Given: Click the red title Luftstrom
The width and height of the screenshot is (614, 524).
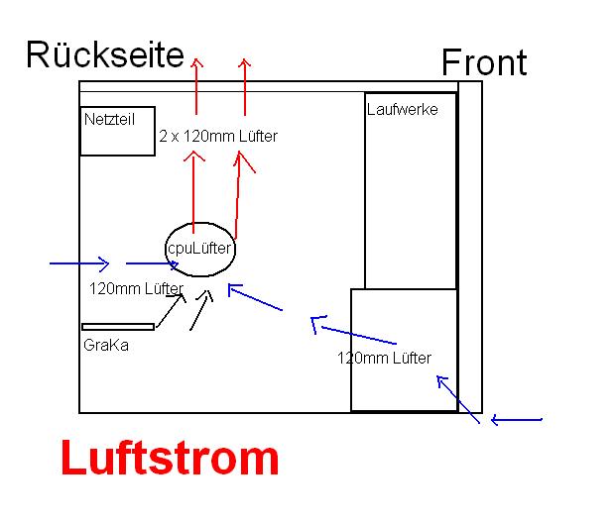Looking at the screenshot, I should (x=170, y=460).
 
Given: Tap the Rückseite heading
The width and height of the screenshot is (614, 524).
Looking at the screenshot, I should (x=104, y=54).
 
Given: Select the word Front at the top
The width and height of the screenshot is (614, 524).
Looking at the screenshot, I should (x=484, y=62).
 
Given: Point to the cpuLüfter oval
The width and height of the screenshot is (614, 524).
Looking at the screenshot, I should (x=199, y=249).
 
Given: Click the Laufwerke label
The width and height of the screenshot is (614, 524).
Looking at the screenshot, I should (x=402, y=109).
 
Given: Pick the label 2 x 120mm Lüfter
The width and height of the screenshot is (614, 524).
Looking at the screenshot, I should (x=217, y=136).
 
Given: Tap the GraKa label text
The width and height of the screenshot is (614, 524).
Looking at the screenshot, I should (x=105, y=346).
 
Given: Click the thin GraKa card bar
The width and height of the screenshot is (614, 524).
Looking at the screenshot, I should (x=118, y=326).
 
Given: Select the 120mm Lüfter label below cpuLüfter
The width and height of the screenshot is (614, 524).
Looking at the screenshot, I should (x=136, y=289).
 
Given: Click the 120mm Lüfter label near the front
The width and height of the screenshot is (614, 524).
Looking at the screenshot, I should (x=384, y=358).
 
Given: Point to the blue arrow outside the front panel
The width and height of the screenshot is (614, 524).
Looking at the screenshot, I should (x=517, y=420).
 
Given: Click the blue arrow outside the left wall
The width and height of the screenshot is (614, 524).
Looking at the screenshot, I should (x=79, y=264).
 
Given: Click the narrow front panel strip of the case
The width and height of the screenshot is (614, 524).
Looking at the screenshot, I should (x=470, y=248).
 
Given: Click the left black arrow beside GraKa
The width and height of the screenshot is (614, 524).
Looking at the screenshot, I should (x=170, y=309).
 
